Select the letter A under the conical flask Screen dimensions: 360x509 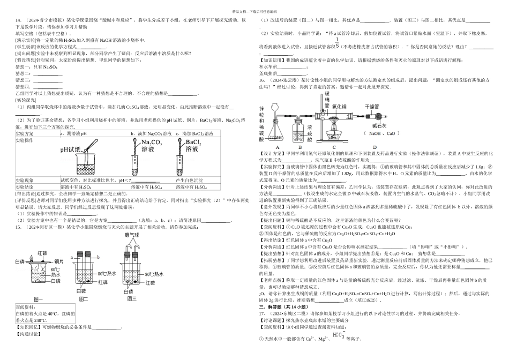point(278,146)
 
